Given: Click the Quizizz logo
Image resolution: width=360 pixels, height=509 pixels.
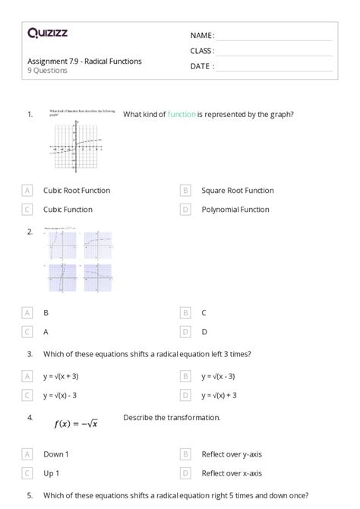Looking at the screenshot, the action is click(x=47, y=33).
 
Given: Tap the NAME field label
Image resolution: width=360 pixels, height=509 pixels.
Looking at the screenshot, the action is click(x=202, y=36).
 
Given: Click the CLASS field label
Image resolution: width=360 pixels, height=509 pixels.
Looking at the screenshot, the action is click(x=202, y=51).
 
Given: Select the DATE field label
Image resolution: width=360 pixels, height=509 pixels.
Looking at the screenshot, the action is click(x=201, y=66).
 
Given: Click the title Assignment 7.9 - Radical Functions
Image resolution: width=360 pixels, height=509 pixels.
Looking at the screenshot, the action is click(x=84, y=62).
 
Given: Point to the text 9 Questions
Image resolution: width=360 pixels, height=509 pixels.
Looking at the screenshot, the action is click(x=47, y=71).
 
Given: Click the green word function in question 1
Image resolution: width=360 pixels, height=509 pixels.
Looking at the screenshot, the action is click(x=182, y=114).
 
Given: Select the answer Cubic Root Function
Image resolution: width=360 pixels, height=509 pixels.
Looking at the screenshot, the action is click(x=77, y=191).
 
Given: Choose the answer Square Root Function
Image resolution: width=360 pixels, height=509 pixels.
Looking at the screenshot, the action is click(x=238, y=191).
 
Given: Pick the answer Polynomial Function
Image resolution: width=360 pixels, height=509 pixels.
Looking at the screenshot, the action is click(x=235, y=210).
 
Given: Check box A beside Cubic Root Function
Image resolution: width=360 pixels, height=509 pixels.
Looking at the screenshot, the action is click(x=27, y=191).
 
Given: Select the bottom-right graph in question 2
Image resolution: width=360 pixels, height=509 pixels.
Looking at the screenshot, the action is click(x=98, y=277).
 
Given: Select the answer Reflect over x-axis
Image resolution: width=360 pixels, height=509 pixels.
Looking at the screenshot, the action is click(x=232, y=473).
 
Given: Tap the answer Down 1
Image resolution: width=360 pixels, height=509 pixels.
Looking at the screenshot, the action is click(x=56, y=454).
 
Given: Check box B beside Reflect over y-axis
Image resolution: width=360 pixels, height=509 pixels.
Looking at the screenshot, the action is click(x=185, y=454).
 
